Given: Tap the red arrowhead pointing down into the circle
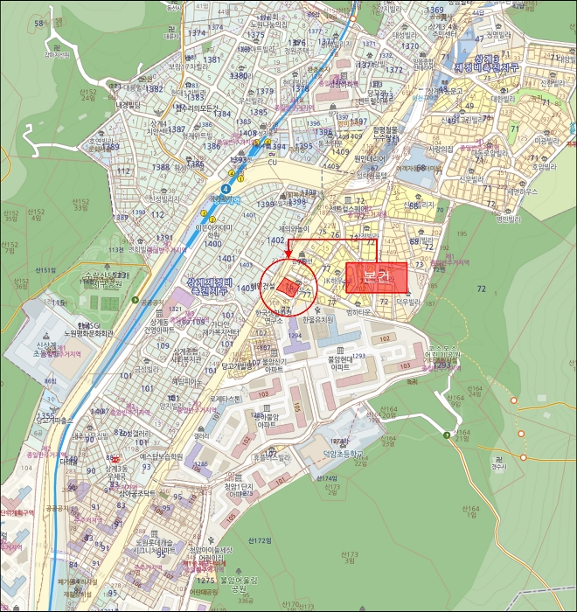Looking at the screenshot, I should point(288,254).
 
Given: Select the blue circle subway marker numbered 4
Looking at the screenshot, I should point(226,187).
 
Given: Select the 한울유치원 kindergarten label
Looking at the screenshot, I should point(317,320).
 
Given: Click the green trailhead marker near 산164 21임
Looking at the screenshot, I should point(447,435).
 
